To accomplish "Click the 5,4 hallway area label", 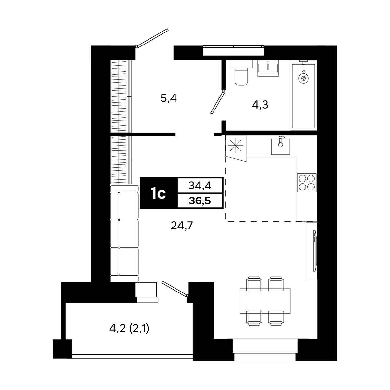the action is (x=169, y=98).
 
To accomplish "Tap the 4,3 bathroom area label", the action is (x=260, y=105).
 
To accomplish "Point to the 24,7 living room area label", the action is (x=181, y=226).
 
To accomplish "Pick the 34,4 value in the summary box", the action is (x=200, y=185).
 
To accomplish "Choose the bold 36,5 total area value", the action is (x=200, y=201).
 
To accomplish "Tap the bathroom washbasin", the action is (x=268, y=68).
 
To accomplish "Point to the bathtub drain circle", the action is (x=303, y=78).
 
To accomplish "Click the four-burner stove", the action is (x=306, y=183).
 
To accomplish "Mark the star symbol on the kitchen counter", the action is (x=236, y=146).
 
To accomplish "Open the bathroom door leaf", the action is (x=217, y=102).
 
